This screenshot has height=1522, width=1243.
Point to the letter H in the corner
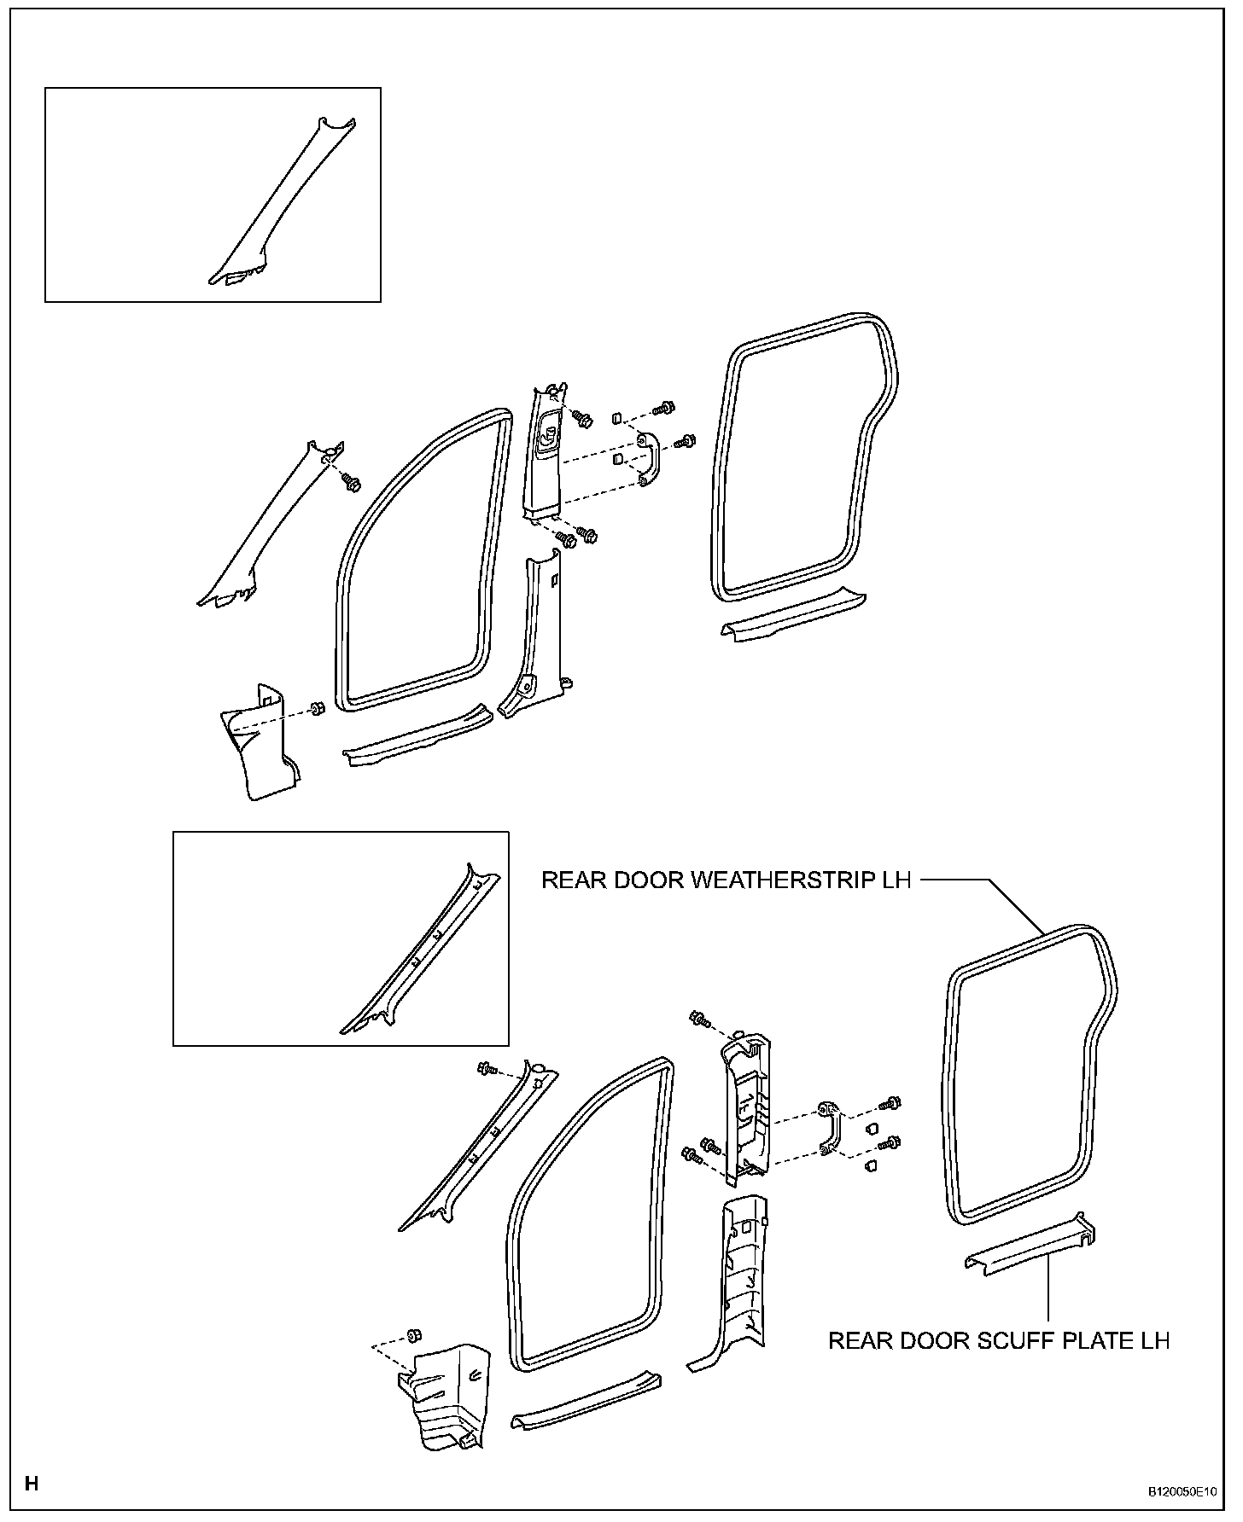32,1484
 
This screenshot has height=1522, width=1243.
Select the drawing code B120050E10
1182,1492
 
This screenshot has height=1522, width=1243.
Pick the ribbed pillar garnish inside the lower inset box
418,956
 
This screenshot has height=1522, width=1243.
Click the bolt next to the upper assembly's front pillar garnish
351,483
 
